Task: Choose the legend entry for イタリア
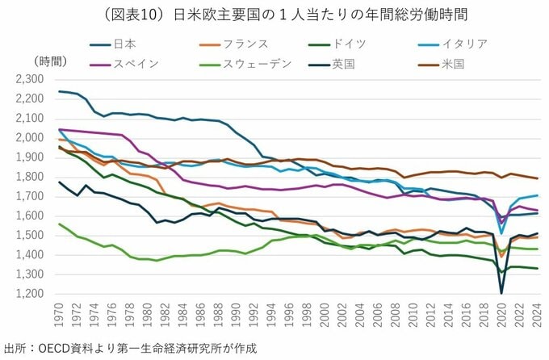pyautogui.click(x=468, y=44)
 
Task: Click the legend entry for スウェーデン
pyautogui.click(x=252, y=64)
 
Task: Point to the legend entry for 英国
pyautogui.click(x=343, y=64)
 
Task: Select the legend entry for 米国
pyautogui.click(x=453, y=64)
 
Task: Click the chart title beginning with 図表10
pyautogui.click(x=274, y=15)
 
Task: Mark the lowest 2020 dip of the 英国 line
pyautogui.click(x=502, y=293)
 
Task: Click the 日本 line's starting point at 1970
pyautogui.click(x=60, y=91)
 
